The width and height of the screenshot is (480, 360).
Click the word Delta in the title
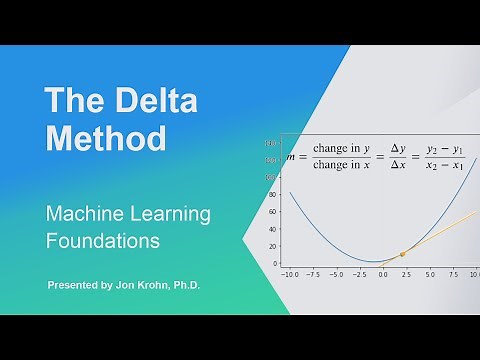[x=150, y=100]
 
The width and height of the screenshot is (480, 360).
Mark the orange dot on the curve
[x=402, y=254]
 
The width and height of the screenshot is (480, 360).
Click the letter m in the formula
[x=292, y=157]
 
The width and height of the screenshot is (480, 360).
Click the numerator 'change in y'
[x=341, y=148]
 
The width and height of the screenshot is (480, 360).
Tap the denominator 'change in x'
[x=341, y=166]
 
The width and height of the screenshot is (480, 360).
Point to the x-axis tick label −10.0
[x=290, y=273]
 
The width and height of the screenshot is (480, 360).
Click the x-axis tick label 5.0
[x=430, y=273]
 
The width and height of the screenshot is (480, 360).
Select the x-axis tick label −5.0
[x=336, y=273]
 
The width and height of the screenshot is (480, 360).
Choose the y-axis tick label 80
[x=271, y=193]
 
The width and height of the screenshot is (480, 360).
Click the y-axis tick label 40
[x=271, y=228]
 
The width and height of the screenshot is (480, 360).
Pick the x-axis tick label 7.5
[x=453, y=273]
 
